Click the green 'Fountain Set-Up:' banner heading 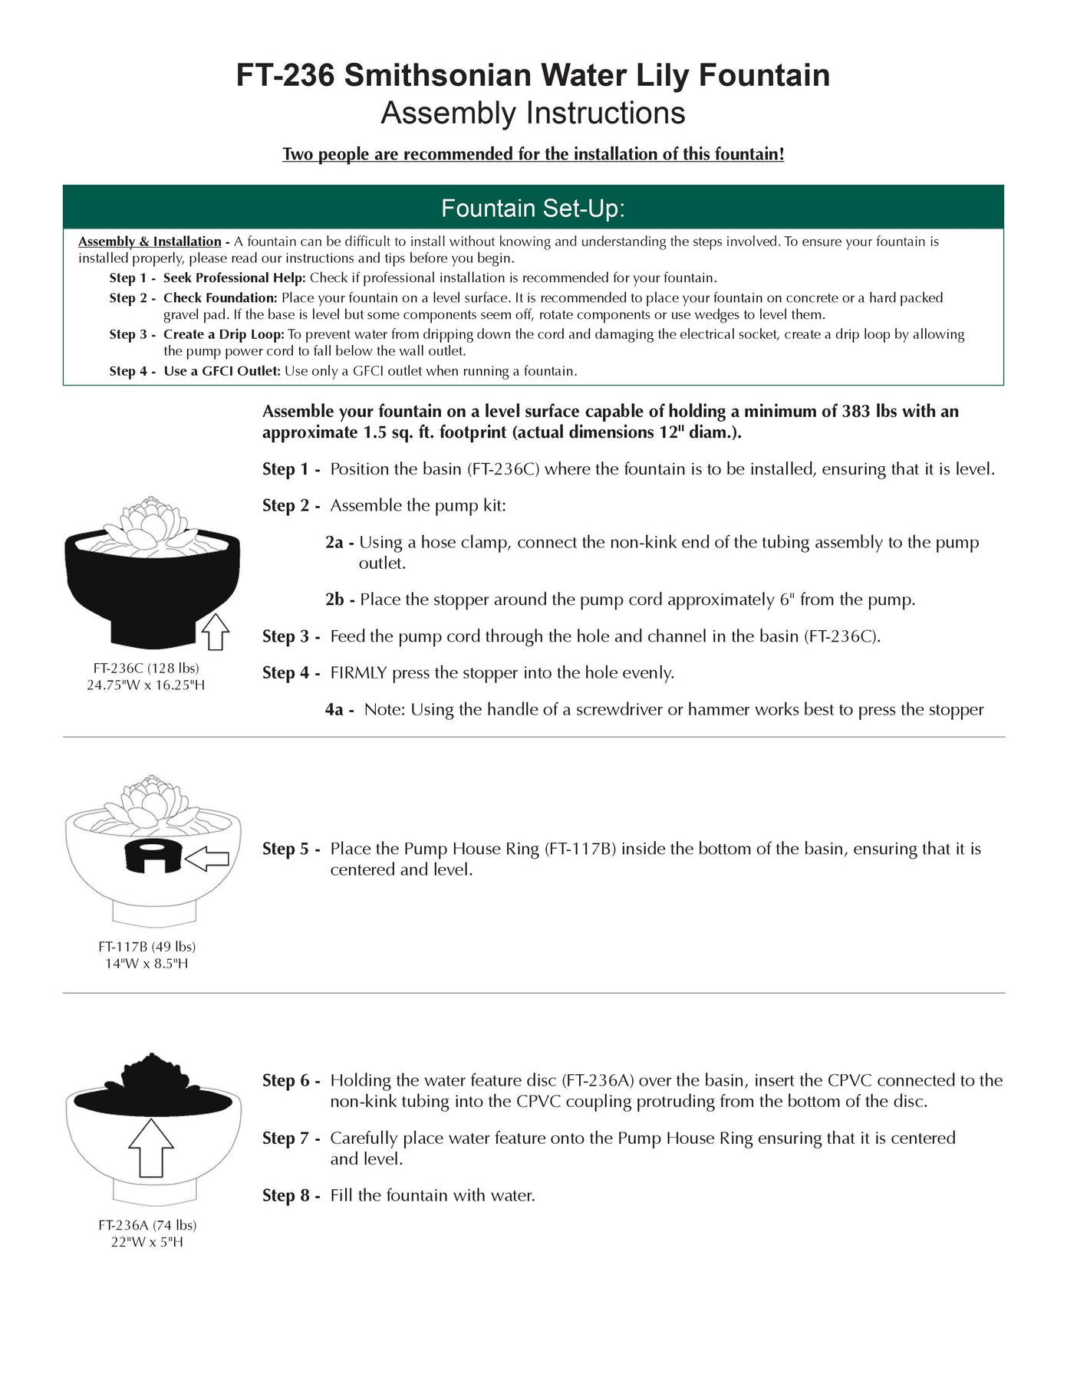[533, 208]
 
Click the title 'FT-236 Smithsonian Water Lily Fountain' [533, 75]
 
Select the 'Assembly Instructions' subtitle [533, 113]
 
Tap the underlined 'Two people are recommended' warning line [533, 154]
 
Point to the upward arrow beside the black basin [216, 631]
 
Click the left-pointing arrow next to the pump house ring [208, 859]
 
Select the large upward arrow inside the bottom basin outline [151, 1147]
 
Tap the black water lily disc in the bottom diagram [151, 1086]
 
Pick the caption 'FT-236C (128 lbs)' [146, 669]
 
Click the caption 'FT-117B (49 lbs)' [147, 947]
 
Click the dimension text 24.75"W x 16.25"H [146, 685]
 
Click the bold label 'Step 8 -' [291, 1195]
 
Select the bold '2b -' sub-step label [339, 600]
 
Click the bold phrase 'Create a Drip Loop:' [223, 334]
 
